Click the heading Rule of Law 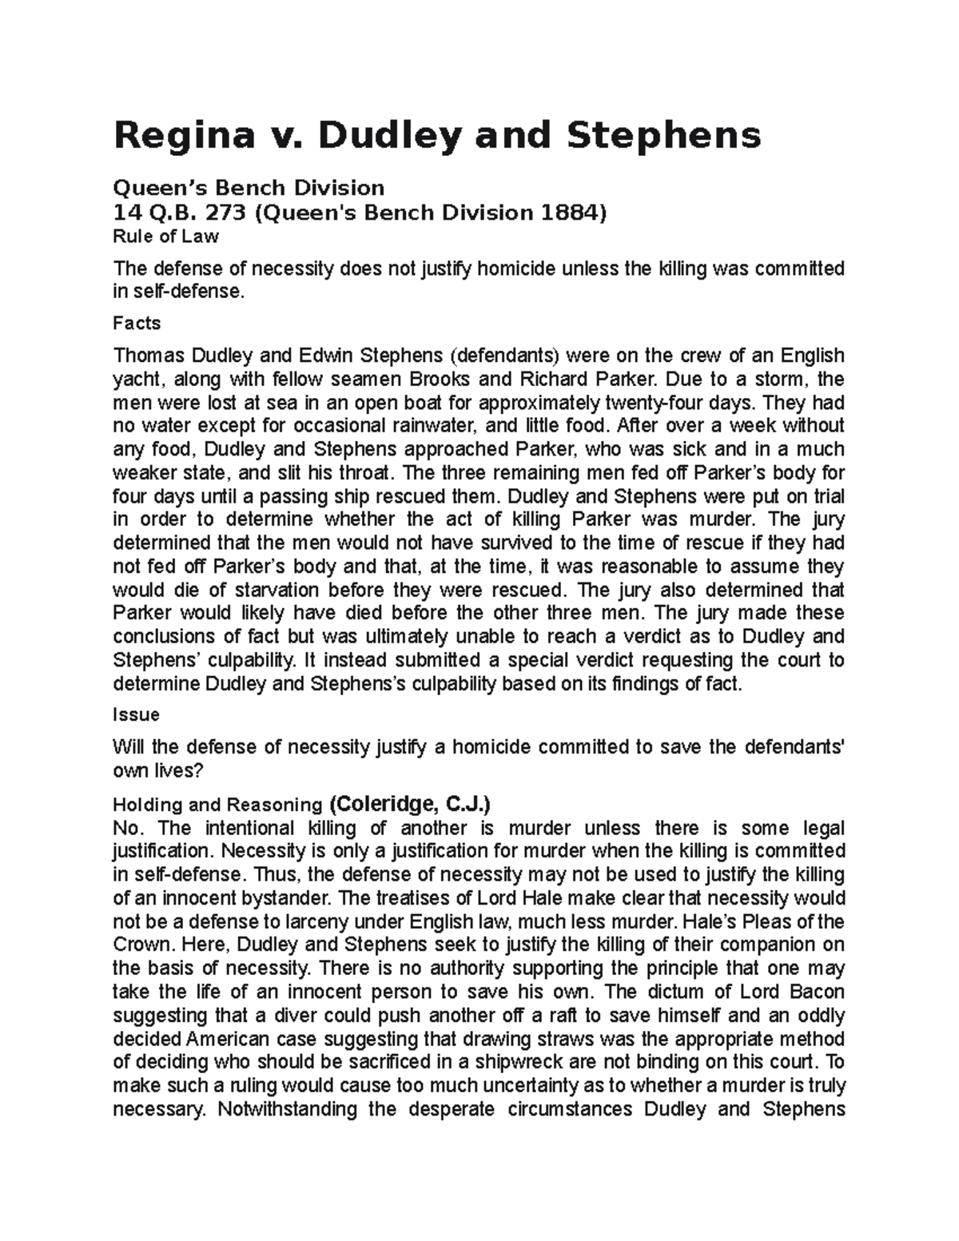click(x=165, y=237)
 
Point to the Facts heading click(x=137, y=324)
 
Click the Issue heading click(x=137, y=714)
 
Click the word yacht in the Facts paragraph click(x=136, y=378)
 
